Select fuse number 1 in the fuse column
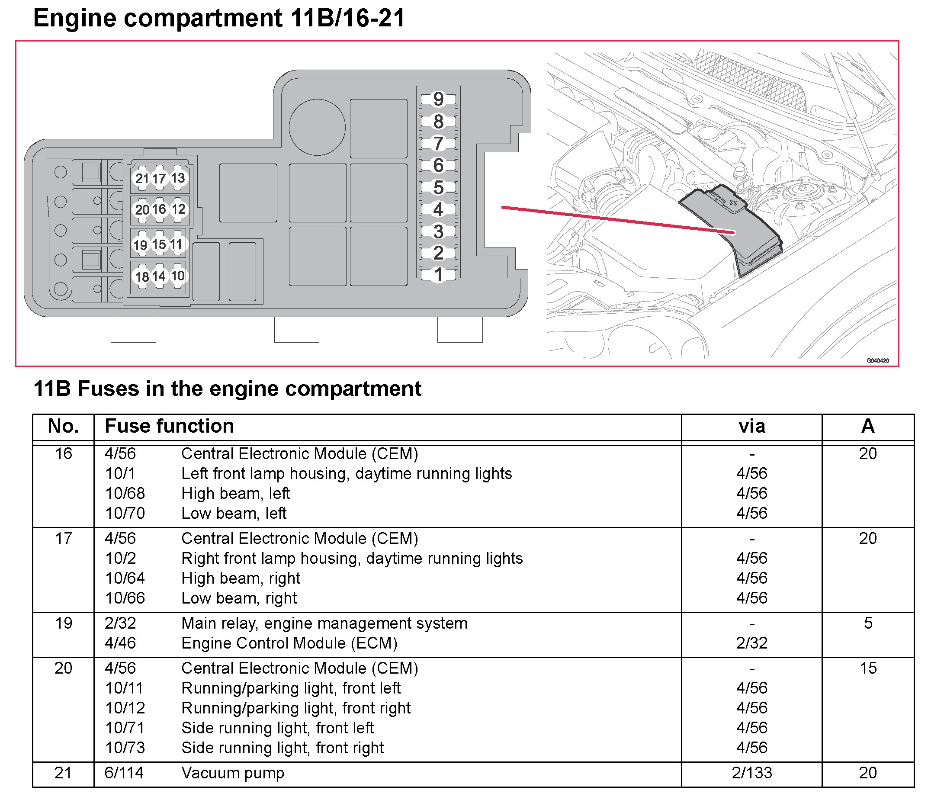coord(438,275)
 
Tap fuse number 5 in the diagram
coord(438,187)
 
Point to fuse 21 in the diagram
coord(142,178)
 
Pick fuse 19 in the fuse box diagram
coord(141,245)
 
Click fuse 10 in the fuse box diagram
coord(178,276)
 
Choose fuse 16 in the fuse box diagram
coord(159,209)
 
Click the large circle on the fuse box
coord(317,127)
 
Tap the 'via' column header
coord(752,426)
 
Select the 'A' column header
coord(868,426)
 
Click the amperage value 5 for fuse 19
coord(868,623)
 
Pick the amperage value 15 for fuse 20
coord(868,668)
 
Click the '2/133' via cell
coord(752,773)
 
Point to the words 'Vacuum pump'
coord(233,773)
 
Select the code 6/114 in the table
coord(124,773)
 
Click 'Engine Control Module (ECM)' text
coord(289,643)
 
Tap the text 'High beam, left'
coord(235,494)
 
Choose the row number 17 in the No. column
coord(63,538)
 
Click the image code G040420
coord(877,360)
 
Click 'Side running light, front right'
coord(283,748)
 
